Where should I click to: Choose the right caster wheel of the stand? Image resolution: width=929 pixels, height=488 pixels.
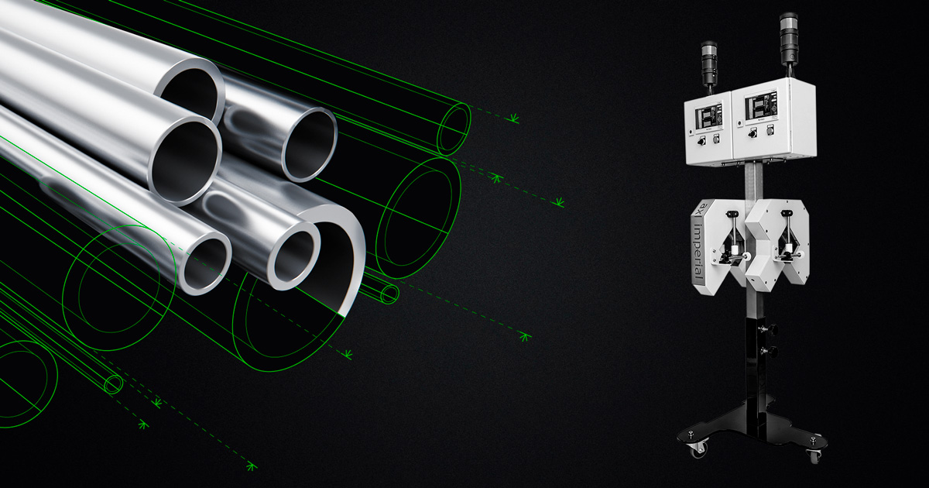click(814, 455)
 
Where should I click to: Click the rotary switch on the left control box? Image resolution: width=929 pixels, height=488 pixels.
click(699, 142)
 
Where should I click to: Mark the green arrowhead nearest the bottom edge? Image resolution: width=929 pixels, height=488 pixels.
click(250, 466)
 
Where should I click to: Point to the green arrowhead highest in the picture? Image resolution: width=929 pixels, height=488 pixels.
click(512, 118)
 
